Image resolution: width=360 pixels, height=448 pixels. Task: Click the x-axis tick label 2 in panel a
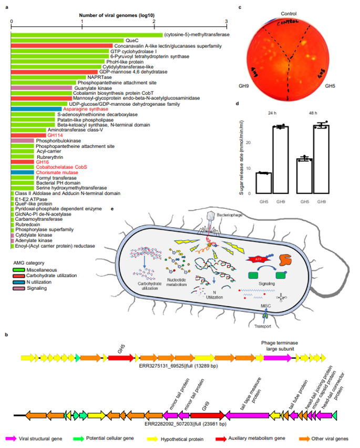[153, 22]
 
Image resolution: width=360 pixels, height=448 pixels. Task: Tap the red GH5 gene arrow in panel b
[120, 358]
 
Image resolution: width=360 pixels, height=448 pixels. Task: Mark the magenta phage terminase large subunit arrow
[277, 358]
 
